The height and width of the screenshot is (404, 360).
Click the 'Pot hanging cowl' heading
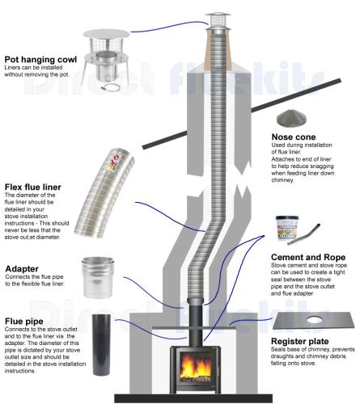tap(40, 59)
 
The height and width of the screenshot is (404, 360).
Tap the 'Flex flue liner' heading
tap(33, 187)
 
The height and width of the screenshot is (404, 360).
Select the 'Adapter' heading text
tap(22, 269)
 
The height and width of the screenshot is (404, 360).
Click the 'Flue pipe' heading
tap(24, 321)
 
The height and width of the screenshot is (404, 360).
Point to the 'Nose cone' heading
tap(294, 137)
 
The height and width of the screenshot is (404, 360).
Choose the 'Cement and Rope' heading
tap(308, 257)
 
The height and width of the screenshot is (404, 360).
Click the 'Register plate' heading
tap(300, 341)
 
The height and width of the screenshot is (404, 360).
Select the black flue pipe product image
tap(101, 345)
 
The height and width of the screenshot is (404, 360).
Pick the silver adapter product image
tap(98, 277)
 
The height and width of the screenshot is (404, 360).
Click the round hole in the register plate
tap(313, 320)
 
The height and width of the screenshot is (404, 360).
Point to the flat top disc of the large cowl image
tap(106, 34)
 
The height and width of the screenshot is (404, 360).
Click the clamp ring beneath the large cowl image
tap(109, 87)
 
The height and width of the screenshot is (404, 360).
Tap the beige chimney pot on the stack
tap(218, 49)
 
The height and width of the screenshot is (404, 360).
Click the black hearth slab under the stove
tap(193, 398)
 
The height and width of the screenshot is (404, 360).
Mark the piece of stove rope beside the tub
tap(304, 234)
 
